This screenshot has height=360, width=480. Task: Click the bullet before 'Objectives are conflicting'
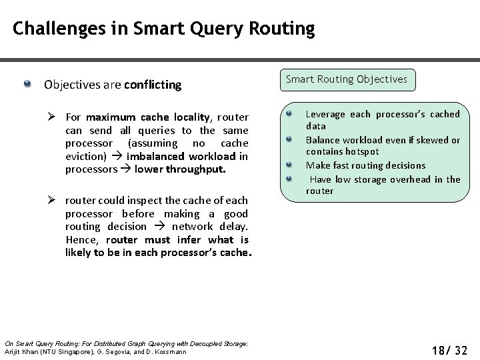pos(27,84)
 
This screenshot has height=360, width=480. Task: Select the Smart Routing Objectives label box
pos(346,79)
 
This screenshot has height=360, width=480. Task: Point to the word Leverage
pos(325,114)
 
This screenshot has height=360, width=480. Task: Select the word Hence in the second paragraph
pos(81,239)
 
